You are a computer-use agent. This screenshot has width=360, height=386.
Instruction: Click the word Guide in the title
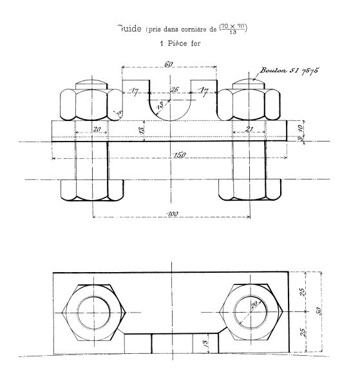[x=129, y=28]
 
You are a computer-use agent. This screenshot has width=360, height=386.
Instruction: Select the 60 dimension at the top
[x=169, y=64]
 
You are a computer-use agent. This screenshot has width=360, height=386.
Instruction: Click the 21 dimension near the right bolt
[x=251, y=129]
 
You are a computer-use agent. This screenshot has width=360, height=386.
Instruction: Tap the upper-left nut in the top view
[x=91, y=102]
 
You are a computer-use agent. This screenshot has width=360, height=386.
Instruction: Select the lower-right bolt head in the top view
[x=249, y=190]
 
